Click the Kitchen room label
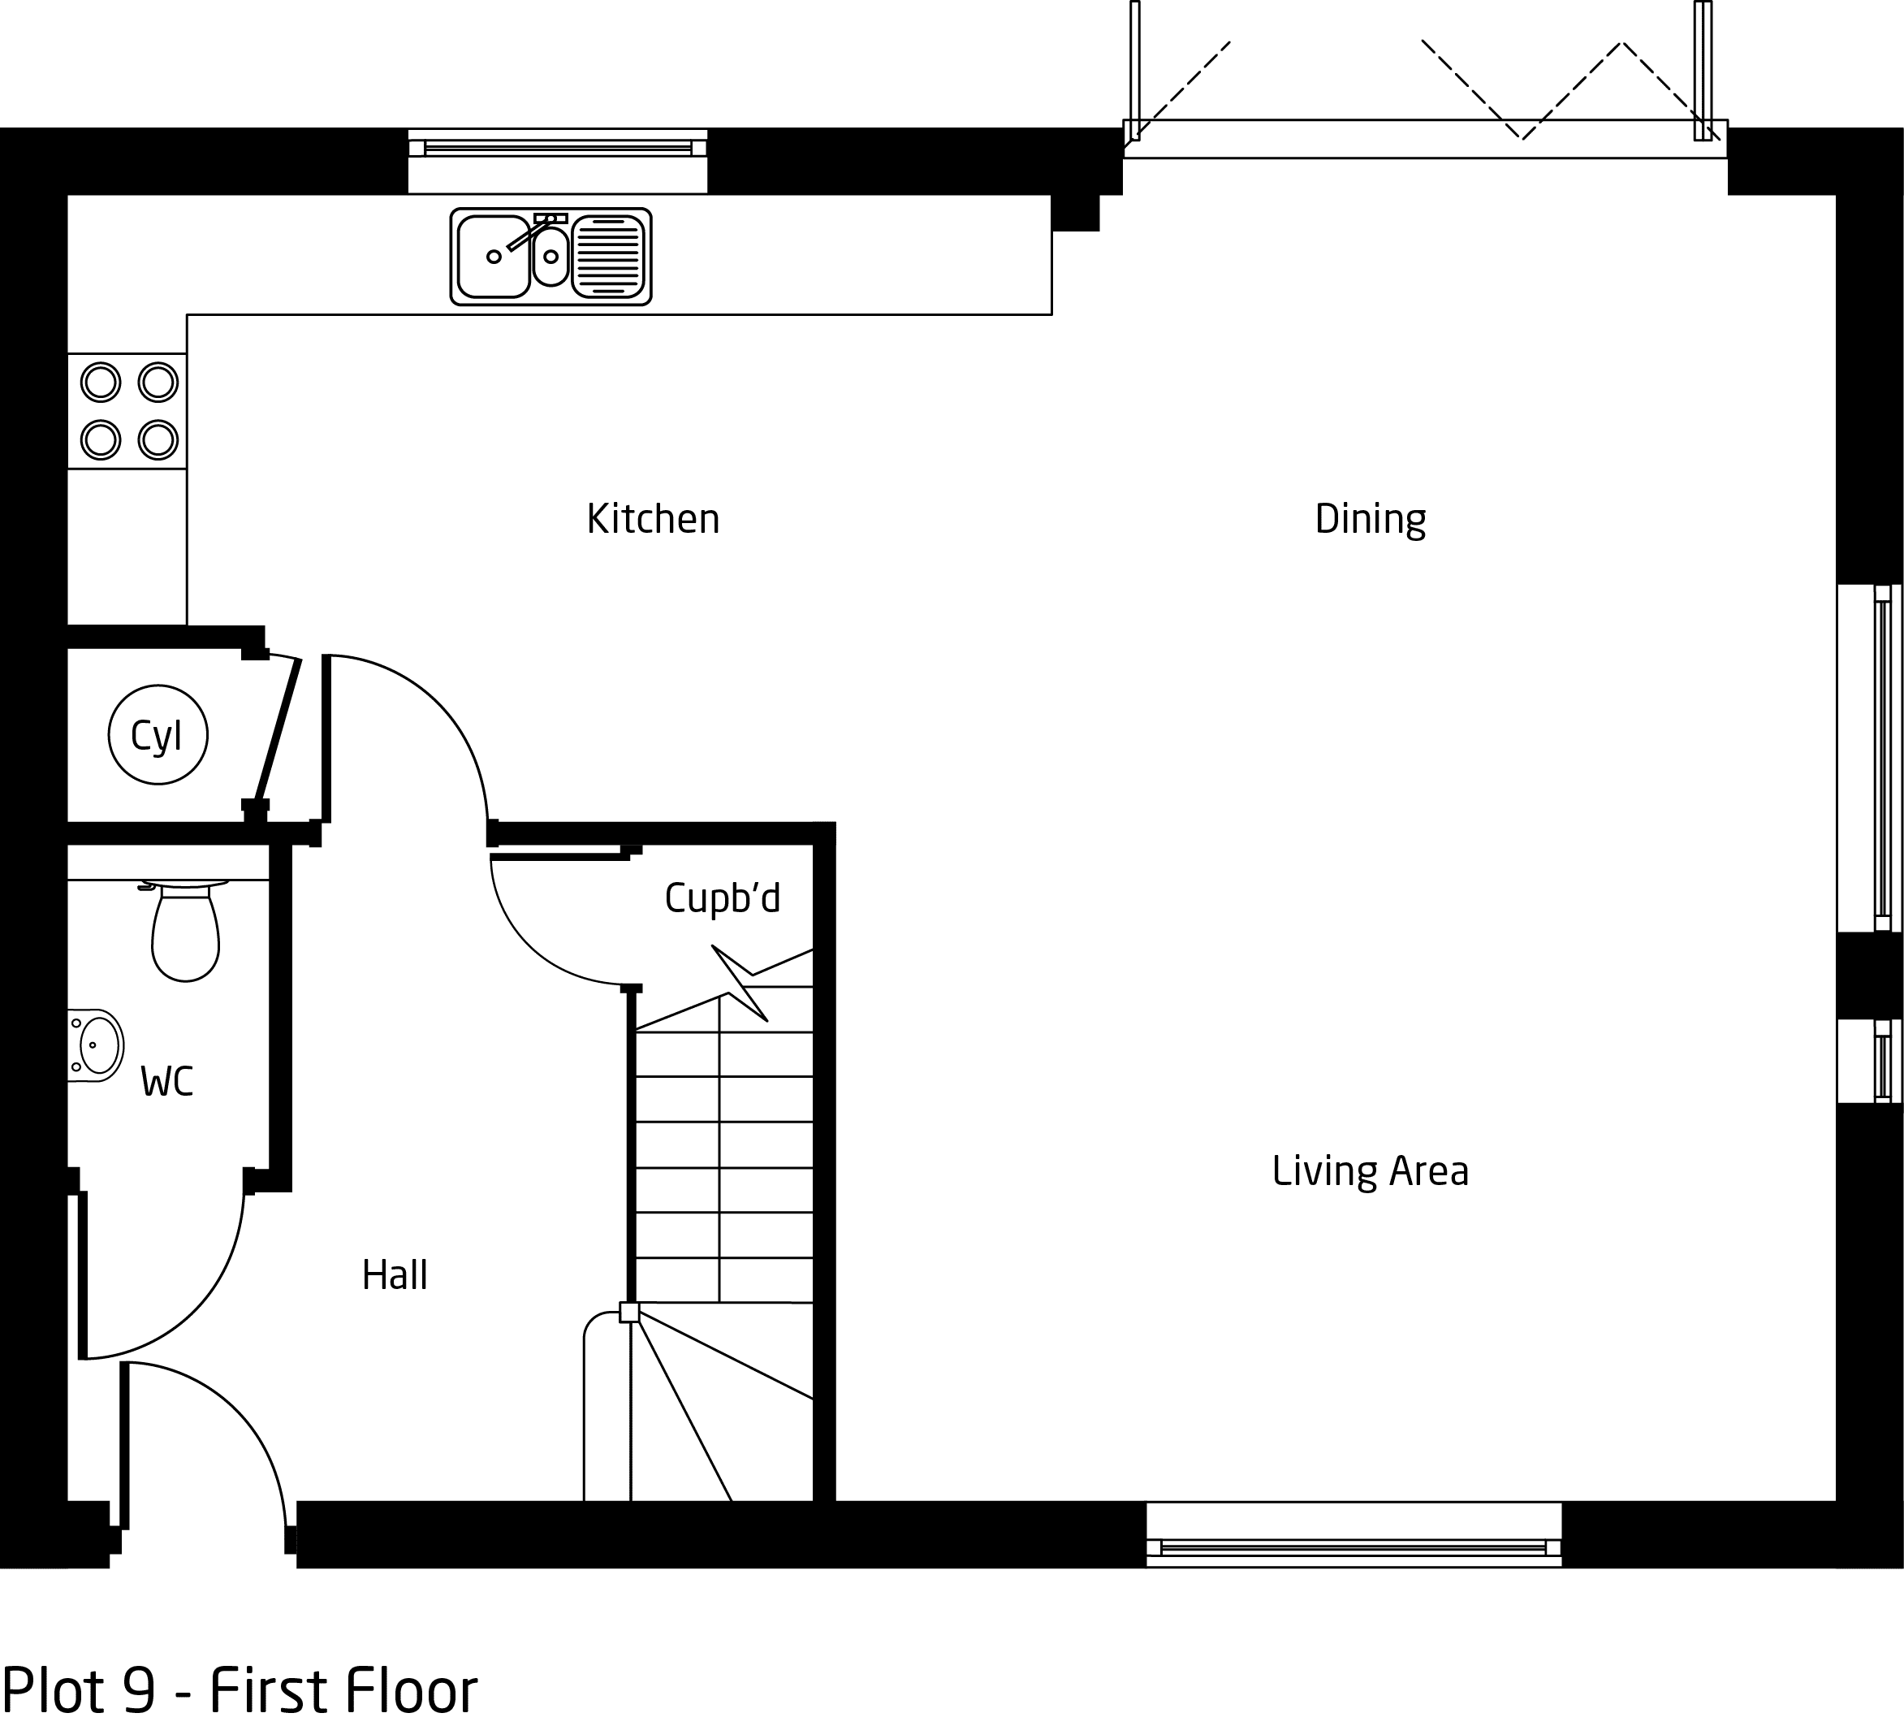coord(653,519)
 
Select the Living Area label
coord(1370,1171)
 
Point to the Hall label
coord(395,1275)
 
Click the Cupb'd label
coord(723,898)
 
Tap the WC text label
coord(167,1081)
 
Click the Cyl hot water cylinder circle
coord(158,735)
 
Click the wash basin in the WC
coord(95,1045)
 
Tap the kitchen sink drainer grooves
coord(608,256)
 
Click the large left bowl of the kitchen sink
coord(493,256)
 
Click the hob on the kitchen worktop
coord(127,411)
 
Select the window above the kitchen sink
coord(557,149)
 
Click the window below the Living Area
coord(1354,1546)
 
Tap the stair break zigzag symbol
coord(740,984)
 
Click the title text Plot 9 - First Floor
coord(240,1689)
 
